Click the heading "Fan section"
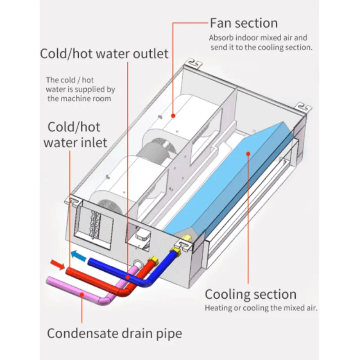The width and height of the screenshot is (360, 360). [243, 23]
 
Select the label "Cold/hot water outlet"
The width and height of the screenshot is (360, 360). [104, 54]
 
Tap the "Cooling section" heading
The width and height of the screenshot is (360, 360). [251, 295]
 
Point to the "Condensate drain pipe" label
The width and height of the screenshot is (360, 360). [115, 333]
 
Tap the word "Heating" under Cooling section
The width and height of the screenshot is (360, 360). [219, 308]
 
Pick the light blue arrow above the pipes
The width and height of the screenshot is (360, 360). [79, 255]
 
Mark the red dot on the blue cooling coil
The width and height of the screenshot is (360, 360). [247, 153]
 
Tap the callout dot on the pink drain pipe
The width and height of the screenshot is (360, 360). [81, 293]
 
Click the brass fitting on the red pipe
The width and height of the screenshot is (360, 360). [154, 261]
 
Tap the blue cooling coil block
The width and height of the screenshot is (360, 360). [234, 180]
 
